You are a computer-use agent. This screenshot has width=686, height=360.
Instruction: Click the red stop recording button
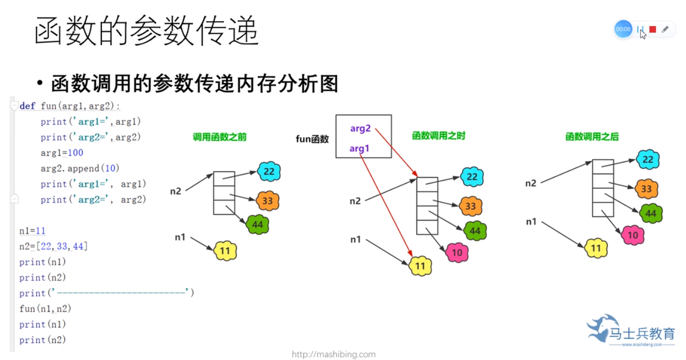pyautogui.click(x=653, y=29)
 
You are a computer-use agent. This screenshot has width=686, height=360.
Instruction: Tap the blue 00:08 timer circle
pyautogui.click(x=623, y=29)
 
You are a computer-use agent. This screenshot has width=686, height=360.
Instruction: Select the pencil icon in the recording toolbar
pyautogui.click(x=665, y=29)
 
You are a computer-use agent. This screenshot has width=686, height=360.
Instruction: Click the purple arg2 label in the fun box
pyautogui.click(x=360, y=129)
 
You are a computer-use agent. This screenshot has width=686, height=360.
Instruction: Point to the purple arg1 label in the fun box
pyautogui.click(x=359, y=149)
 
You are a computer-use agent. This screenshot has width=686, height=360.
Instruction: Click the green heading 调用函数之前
pyautogui.click(x=220, y=137)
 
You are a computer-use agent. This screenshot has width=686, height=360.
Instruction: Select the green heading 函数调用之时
pyautogui.click(x=439, y=136)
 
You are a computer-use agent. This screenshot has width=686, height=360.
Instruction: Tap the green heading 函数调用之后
pyautogui.click(x=592, y=137)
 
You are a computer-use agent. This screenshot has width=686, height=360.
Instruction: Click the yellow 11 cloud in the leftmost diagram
pyautogui.click(x=225, y=250)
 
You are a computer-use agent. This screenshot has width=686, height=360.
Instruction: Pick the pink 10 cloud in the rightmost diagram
pyautogui.click(x=633, y=235)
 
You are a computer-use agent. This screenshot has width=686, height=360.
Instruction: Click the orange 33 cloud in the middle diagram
pyautogui.click(x=471, y=206)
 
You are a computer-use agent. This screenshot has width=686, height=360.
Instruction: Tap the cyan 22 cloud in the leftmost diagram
pyautogui.click(x=269, y=171)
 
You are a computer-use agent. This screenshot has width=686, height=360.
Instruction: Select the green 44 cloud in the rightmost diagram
pyautogui.click(x=651, y=213)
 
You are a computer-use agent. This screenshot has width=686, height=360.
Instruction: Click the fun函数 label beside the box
pyautogui.click(x=312, y=139)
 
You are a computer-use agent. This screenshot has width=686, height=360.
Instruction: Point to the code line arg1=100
pyautogui.click(x=62, y=153)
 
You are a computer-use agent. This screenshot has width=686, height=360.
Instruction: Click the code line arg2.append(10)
pyautogui.click(x=80, y=168)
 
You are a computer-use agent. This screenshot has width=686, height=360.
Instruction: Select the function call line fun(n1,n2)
pyautogui.click(x=45, y=309)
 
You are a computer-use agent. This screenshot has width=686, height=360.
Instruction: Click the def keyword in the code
pyautogui.click(x=28, y=106)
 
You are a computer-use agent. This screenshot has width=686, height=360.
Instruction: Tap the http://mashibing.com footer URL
pyautogui.click(x=334, y=354)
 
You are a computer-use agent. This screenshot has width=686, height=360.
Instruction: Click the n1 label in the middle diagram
pyautogui.click(x=355, y=239)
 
